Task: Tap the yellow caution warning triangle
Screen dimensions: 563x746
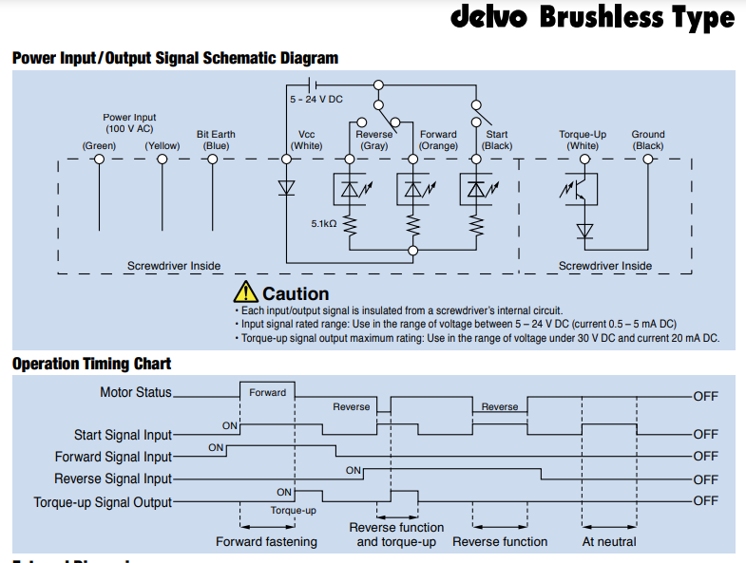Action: click(246, 293)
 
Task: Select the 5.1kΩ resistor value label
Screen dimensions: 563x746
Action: click(323, 224)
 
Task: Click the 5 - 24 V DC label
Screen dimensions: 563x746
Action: click(316, 99)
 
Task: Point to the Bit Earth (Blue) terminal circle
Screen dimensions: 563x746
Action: click(213, 160)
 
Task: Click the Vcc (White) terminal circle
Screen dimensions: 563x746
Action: click(286, 160)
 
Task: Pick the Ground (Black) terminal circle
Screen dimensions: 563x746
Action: click(648, 160)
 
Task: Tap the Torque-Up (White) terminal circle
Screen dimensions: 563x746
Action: click(583, 160)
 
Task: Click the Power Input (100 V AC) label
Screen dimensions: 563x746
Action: click(130, 122)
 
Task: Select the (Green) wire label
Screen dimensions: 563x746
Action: click(99, 146)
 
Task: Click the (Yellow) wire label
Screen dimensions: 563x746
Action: click(163, 146)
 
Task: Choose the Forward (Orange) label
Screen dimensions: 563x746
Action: click(438, 140)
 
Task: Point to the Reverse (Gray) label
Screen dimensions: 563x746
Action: click(373, 140)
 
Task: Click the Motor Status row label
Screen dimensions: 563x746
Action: click(136, 392)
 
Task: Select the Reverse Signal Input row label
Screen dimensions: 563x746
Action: click(113, 479)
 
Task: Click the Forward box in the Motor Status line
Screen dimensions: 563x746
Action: click(267, 392)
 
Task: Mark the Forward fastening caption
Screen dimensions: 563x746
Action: click(266, 542)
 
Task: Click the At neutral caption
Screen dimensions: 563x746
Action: click(609, 542)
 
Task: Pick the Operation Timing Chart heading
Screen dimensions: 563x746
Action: click(91, 364)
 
